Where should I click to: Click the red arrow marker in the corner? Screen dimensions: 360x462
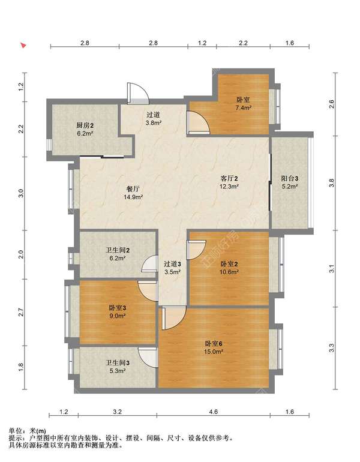23,45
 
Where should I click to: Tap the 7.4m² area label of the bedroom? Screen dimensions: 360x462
243,108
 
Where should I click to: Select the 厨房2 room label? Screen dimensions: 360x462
85,125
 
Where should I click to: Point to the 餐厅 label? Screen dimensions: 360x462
133,189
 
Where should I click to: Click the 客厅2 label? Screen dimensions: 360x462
229,178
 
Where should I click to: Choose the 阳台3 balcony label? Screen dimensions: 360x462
290,178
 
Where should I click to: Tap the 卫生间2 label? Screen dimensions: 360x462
118,250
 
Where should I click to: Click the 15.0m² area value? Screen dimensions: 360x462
214,352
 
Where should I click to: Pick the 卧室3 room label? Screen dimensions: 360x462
118,308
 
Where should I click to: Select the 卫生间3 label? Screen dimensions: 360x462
118,363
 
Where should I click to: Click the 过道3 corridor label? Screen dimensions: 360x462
172,264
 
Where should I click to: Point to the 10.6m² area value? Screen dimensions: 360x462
229,272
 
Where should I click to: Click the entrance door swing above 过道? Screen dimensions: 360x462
138,93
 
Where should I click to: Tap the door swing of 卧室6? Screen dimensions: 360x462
174,317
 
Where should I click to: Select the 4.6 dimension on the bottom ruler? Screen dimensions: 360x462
213,412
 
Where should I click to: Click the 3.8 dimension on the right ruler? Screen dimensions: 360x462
332,183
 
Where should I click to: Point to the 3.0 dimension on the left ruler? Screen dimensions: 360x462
20,193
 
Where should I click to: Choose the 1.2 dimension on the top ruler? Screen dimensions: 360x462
202,43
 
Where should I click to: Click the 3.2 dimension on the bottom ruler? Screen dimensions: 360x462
117,412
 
